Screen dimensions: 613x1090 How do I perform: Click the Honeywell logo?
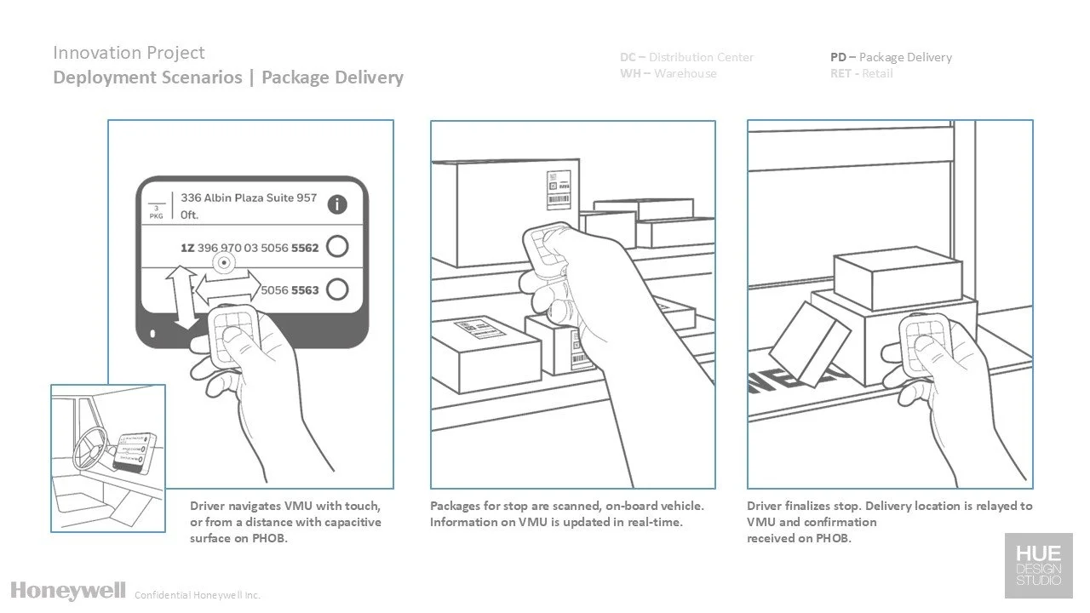click(x=68, y=590)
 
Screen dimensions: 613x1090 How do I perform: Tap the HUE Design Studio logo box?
click(x=1038, y=565)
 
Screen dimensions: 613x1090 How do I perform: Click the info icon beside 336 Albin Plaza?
click(x=338, y=204)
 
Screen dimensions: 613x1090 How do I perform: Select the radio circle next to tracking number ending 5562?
click(x=337, y=247)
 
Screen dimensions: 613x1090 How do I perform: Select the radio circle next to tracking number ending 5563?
click(x=337, y=289)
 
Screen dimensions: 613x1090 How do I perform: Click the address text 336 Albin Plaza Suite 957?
click(x=249, y=198)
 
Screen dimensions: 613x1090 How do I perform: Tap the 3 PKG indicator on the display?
click(x=156, y=210)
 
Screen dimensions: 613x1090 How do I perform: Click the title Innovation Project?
click(x=129, y=53)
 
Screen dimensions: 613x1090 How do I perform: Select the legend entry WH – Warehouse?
click(x=668, y=74)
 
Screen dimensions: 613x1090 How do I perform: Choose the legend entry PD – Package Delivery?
click(x=891, y=57)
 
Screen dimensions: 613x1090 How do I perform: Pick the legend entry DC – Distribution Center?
click(x=686, y=57)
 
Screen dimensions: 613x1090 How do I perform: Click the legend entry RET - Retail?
click(x=861, y=74)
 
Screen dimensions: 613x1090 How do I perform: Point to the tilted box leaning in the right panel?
click(x=808, y=342)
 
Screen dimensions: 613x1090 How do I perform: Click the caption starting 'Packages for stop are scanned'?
click(x=567, y=513)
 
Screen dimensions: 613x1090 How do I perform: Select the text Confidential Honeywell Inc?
click(x=198, y=595)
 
